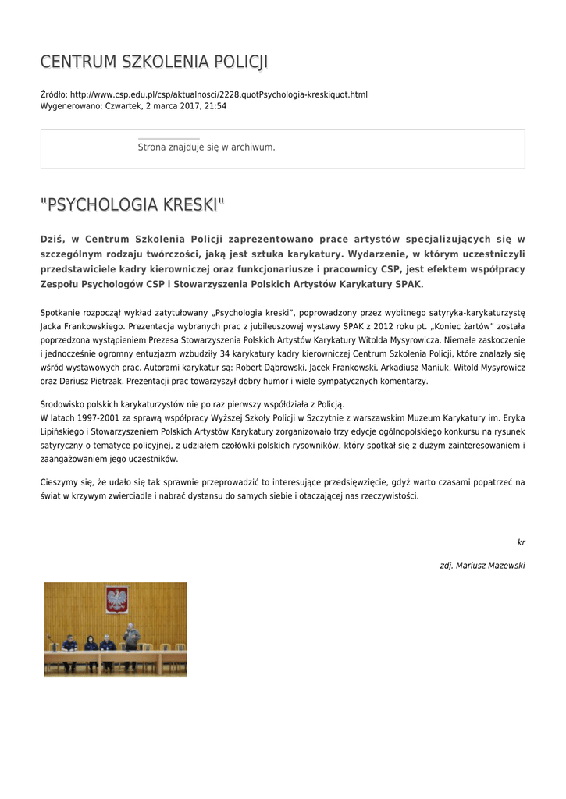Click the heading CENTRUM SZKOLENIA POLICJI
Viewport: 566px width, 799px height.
coord(154,62)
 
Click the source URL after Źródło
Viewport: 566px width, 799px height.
coord(219,94)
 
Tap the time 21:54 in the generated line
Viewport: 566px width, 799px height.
coord(215,105)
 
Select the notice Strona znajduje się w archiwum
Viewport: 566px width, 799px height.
coord(206,147)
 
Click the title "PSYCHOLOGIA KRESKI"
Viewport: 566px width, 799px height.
coord(132,205)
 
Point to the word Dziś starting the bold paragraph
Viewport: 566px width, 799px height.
coord(52,239)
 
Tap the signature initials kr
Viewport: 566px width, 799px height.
coord(521,542)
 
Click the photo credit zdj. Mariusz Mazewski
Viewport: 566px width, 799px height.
coord(482,565)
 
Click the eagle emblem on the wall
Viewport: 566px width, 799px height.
coord(117,599)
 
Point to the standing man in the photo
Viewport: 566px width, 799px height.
coord(132,636)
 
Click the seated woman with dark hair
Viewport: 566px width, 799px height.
coord(90,645)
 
